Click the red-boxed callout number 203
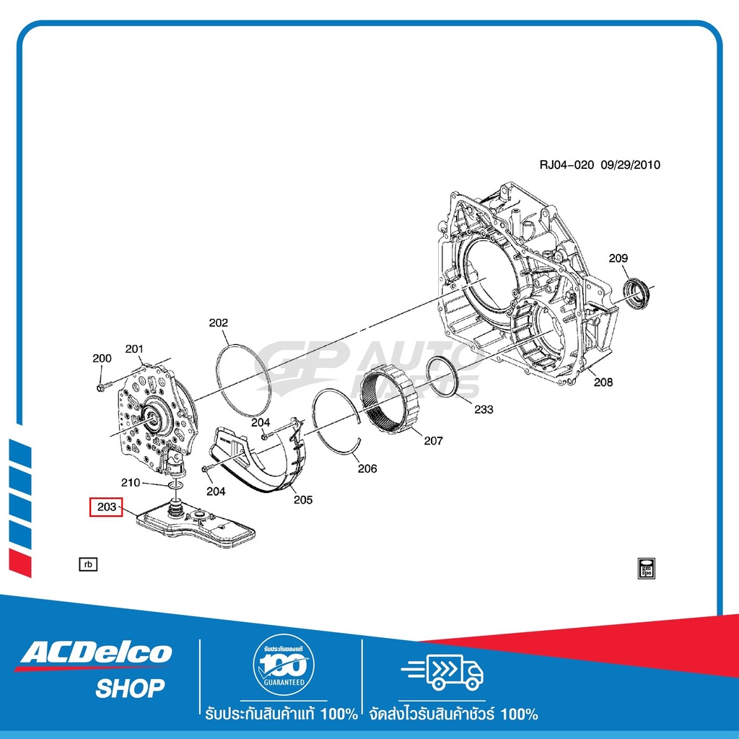point(106,507)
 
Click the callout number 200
point(102,358)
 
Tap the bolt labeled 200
point(100,388)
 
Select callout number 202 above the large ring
point(219,323)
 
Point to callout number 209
point(618,258)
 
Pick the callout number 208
point(603,382)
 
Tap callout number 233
point(484,409)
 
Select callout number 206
point(367,468)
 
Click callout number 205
point(303,499)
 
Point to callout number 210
point(131,482)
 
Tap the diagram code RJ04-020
point(567,165)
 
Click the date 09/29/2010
point(631,165)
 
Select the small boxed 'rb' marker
point(88,564)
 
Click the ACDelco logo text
point(96,654)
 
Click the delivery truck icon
point(442,671)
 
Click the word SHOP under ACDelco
point(130,688)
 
